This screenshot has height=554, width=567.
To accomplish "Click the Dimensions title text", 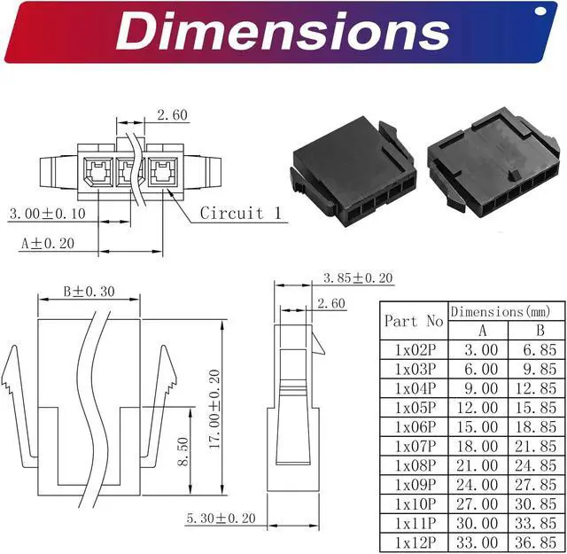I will [x=283, y=31].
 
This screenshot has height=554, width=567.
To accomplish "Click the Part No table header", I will [x=414, y=321].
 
